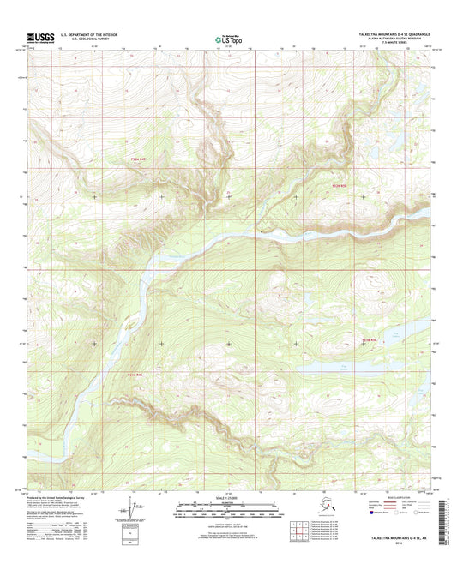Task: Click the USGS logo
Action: pos(40,38)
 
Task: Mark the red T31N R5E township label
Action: pos(368,341)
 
